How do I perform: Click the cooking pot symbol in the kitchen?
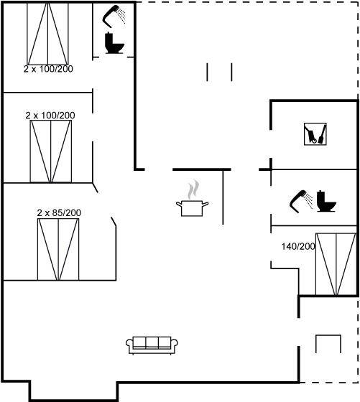point(192,208)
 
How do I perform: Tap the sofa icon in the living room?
point(152,345)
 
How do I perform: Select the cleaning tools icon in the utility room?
point(315,134)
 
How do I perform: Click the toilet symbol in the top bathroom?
point(114,43)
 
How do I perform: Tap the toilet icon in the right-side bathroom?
point(326,201)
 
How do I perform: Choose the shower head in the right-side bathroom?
point(297,201)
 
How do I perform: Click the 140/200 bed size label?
point(298,246)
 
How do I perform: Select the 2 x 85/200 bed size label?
point(59,212)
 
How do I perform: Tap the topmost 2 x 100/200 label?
point(48,69)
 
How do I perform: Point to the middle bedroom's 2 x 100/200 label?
point(50,116)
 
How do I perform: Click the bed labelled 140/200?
point(336,264)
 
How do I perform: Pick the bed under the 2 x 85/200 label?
point(58,249)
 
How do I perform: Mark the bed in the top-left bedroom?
point(47,34)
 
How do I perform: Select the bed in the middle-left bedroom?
point(51,151)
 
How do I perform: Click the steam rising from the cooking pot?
point(193,190)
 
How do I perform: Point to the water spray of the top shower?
point(121,16)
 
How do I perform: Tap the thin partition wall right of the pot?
point(223,197)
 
